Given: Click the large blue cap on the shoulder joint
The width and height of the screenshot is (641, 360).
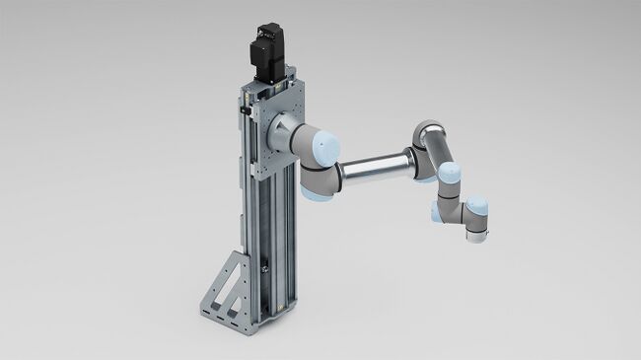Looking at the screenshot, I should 322,147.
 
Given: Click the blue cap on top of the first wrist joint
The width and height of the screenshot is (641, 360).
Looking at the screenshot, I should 450,176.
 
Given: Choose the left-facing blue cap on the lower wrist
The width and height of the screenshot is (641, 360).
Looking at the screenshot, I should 435,211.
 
